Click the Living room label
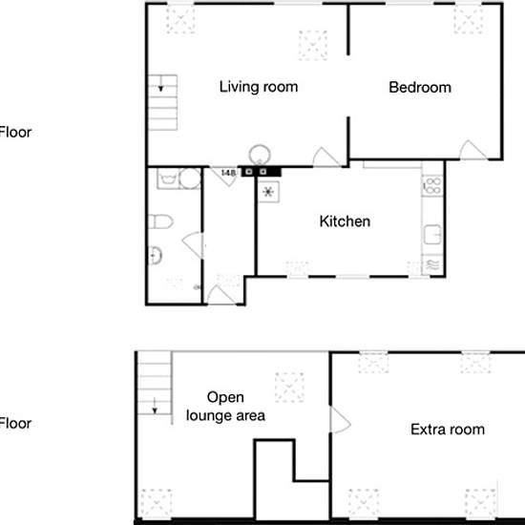pyautogui.click(x=259, y=87)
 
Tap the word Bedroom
pyautogui.click(x=420, y=88)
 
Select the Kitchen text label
pyautogui.click(x=345, y=221)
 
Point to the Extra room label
pyautogui.click(x=448, y=430)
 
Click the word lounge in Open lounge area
pyautogui.click(x=209, y=415)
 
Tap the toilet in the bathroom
pyautogui.click(x=160, y=221)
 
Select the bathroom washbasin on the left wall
pyautogui.click(x=155, y=256)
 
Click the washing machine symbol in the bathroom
pyautogui.click(x=168, y=178)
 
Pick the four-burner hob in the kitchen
pyautogui.click(x=432, y=186)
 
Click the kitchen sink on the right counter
pyautogui.click(x=432, y=235)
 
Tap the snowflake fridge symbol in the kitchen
pyautogui.click(x=268, y=192)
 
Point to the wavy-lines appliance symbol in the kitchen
pyautogui.click(x=432, y=264)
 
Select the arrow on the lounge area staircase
pyautogui.click(x=155, y=406)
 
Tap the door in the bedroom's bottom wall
pyautogui.click(x=472, y=150)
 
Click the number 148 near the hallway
pyautogui.click(x=229, y=173)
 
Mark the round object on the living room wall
pyautogui.click(x=260, y=155)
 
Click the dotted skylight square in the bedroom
pyautogui.click(x=469, y=19)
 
